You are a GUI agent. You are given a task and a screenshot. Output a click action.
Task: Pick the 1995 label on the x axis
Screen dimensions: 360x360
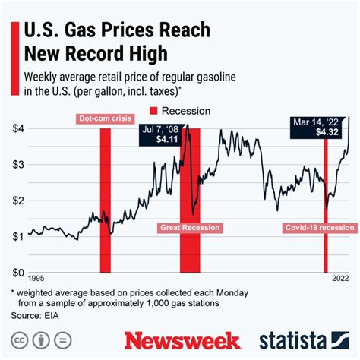point(38,279)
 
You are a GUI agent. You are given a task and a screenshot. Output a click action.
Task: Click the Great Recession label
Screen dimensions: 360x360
point(190,228)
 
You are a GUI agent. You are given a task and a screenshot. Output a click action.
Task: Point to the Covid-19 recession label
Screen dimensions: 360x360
point(319,228)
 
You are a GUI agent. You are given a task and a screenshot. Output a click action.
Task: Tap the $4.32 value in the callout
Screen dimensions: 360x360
point(327,131)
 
